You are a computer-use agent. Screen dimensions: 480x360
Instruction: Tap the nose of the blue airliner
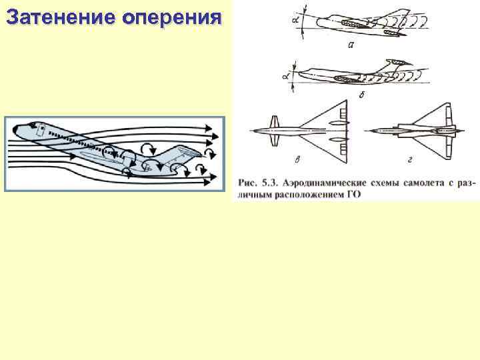click(15, 127)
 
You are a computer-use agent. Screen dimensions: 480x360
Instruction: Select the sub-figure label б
click(361, 93)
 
